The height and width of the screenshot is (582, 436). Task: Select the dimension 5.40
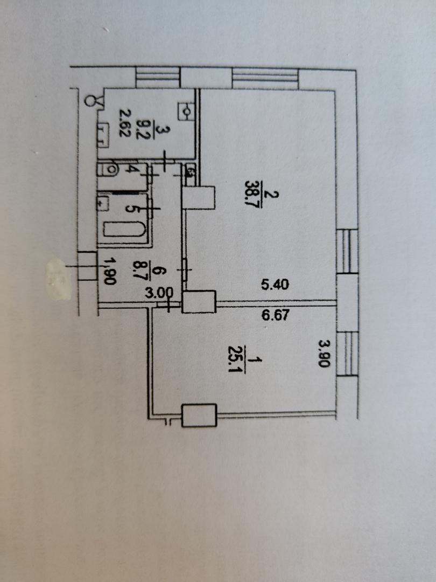click(x=276, y=285)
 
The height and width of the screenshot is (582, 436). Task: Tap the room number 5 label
click(x=130, y=207)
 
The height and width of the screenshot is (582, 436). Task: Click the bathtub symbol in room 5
click(x=124, y=232)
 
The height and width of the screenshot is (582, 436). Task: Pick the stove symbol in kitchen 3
click(x=102, y=135)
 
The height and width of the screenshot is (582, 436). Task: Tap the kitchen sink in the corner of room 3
click(x=187, y=112)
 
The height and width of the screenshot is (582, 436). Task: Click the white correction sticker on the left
click(x=59, y=280)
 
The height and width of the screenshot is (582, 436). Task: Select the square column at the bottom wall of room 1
click(x=199, y=415)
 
